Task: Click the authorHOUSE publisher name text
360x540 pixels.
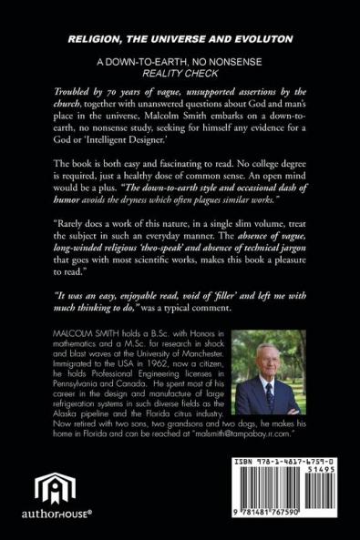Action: coord(54,524)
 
